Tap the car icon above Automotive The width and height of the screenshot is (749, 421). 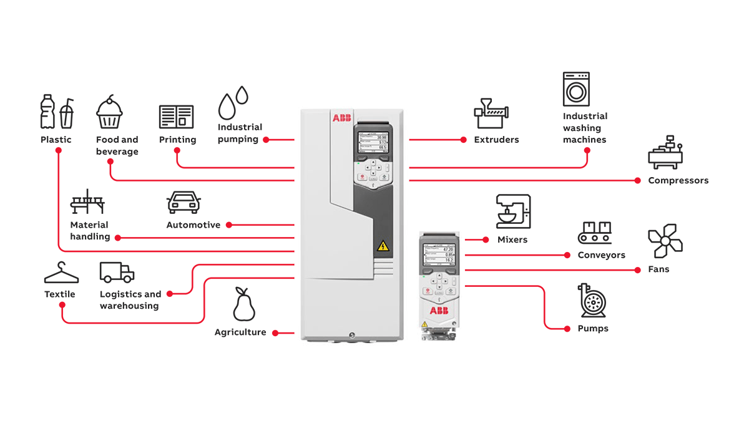coord(184,203)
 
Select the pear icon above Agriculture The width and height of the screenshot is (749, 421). coord(244,304)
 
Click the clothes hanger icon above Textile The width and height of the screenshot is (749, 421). coord(61,273)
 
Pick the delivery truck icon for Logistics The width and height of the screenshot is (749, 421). coord(117,272)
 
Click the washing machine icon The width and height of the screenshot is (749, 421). coord(576,89)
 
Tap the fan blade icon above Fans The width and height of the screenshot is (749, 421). coord(665,241)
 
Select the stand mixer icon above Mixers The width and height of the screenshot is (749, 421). coord(513,212)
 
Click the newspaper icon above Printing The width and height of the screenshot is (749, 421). coord(176,117)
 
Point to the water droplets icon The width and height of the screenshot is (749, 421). coord(233,102)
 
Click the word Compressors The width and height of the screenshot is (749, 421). coord(678,181)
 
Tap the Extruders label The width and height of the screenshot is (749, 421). coord(496,140)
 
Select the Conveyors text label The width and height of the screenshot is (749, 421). coord(601,255)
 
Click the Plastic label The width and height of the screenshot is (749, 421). coord(56,140)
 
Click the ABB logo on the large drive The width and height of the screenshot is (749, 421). coord(342,118)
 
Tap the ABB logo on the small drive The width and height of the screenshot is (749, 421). coord(437,311)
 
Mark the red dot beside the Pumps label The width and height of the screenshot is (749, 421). coord(567,328)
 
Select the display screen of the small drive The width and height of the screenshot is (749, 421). coord(438,254)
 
